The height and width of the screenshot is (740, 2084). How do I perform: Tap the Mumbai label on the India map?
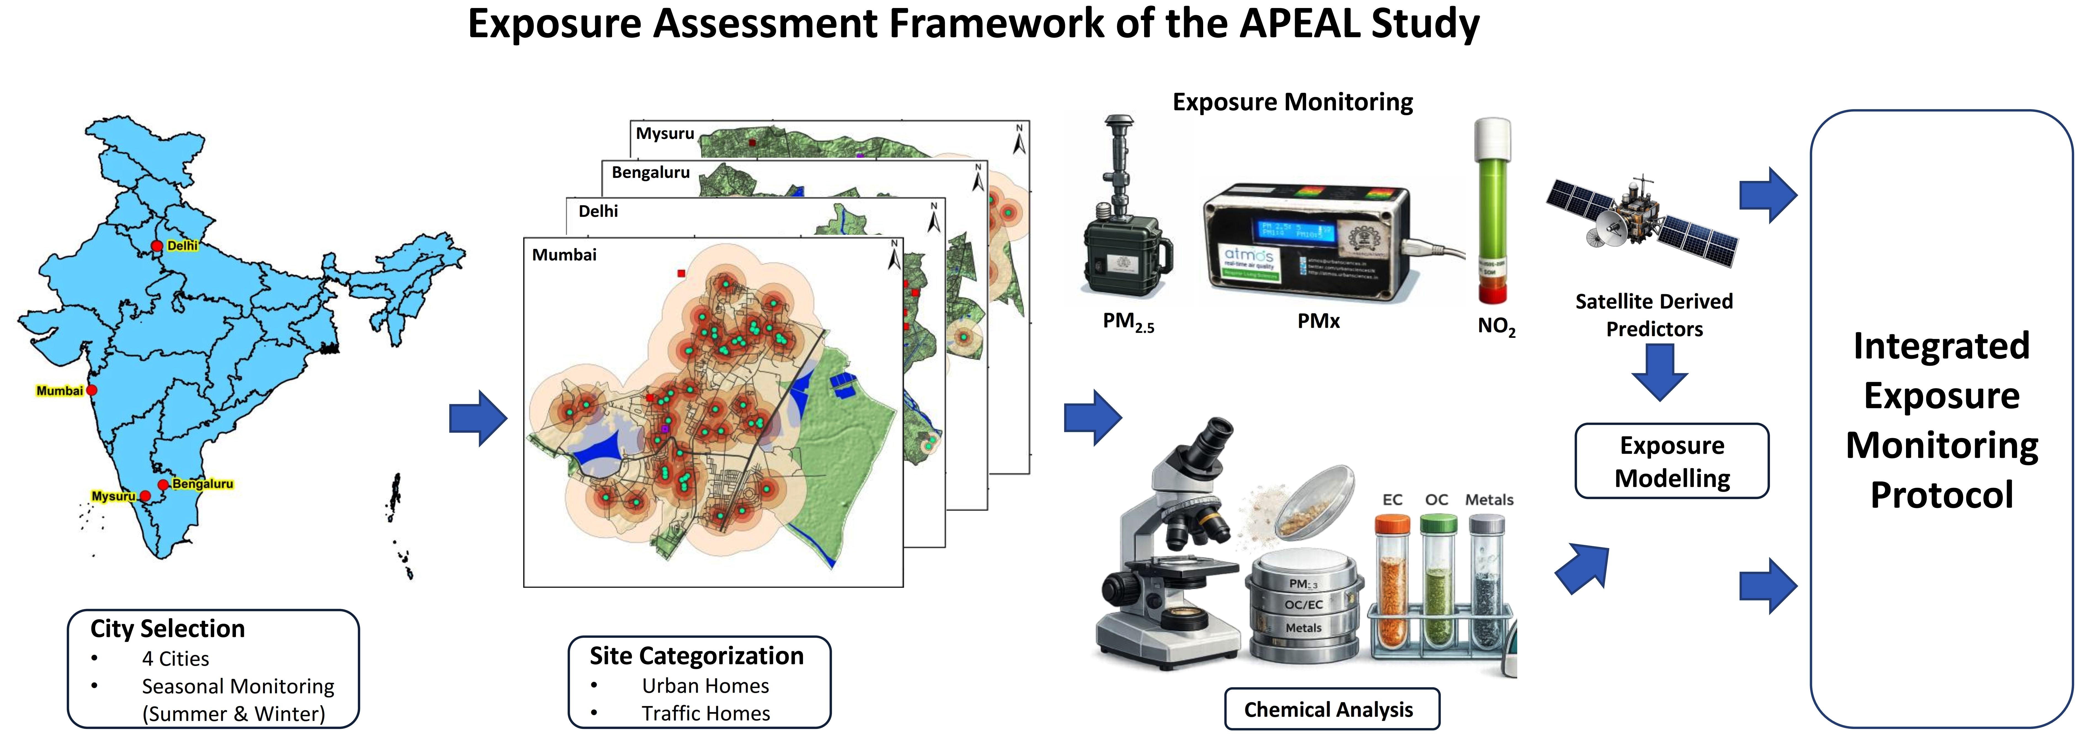[59, 391]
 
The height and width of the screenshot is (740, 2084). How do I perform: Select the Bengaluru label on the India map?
[202, 484]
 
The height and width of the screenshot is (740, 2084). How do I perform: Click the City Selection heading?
[168, 629]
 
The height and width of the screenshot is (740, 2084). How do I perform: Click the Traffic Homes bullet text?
[705, 713]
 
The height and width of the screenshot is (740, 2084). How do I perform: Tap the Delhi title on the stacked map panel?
[598, 211]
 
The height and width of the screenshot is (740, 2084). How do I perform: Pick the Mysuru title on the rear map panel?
[664, 134]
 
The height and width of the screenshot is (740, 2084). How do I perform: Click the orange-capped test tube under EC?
[1391, 583]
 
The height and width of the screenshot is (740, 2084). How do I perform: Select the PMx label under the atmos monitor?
[1318, 322]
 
